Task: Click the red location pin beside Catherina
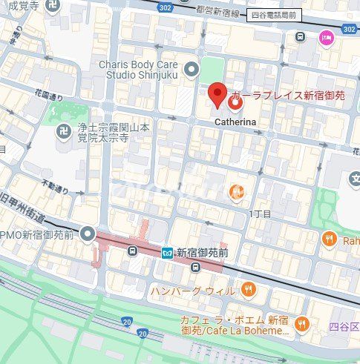[x=217, y=94]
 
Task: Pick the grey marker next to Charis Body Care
[x=192, y=70]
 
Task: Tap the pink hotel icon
[x=325, y=38]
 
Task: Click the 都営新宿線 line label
[x=217, y=12]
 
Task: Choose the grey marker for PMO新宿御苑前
[x=88, y=234]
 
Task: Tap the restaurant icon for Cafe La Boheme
[x=301, y=322]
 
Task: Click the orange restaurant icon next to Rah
[x=330, y=237]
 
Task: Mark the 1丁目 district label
[x=261, y=214]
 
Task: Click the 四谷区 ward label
[x=344, y=326]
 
